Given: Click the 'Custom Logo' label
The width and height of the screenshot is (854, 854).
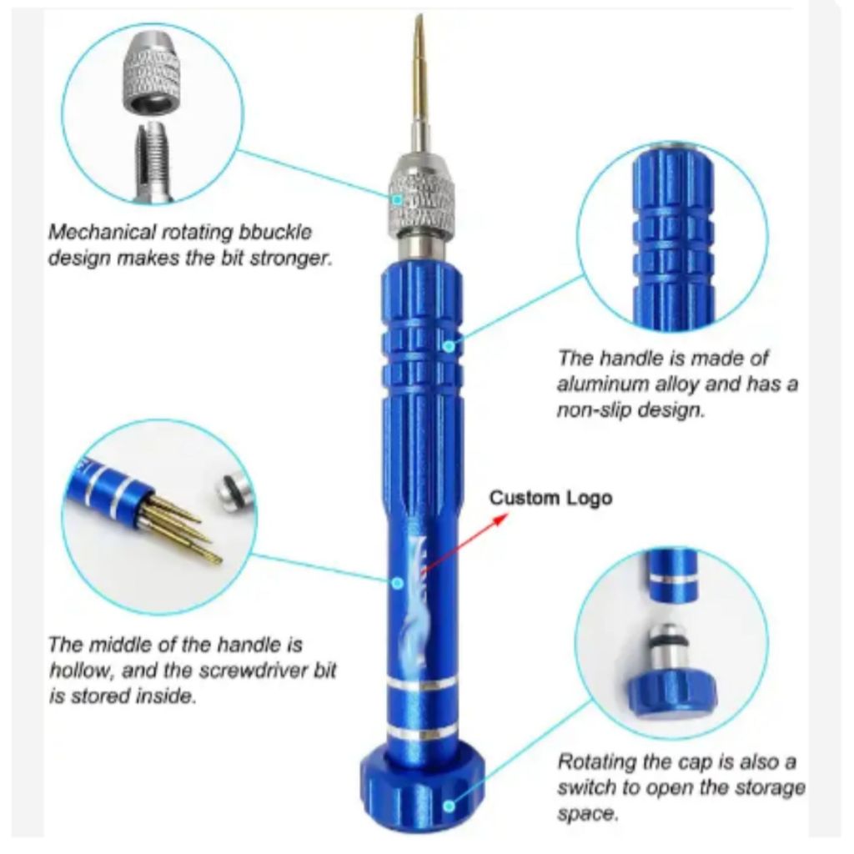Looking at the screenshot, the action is [x=550, y=499].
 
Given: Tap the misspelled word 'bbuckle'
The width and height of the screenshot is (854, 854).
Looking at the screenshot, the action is [x=275, y=233].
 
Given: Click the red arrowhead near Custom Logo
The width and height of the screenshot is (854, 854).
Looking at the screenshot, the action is [x=500, y=519].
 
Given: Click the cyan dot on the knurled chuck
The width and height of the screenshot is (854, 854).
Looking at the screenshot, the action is [x=398, y=200].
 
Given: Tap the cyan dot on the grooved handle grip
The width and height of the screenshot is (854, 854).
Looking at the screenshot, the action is [x=448, y=346].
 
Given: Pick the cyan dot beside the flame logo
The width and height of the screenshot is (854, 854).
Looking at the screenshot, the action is [x=398, y=583].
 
